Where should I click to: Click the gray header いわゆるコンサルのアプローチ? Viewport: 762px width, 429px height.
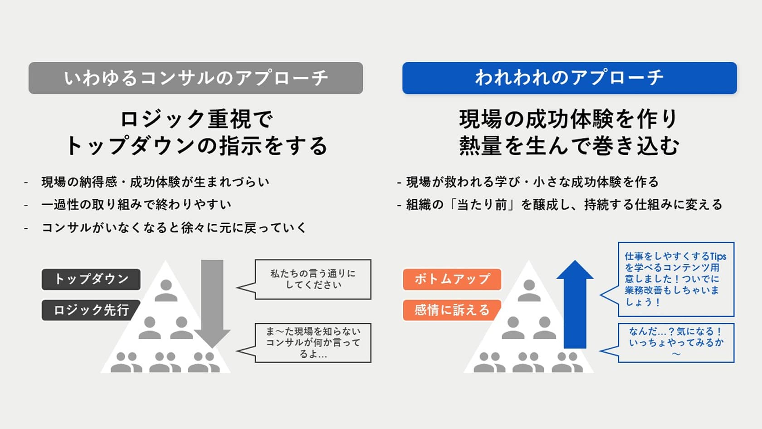tap(195, 78)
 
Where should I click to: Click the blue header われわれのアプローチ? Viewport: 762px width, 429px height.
tap(569, 78)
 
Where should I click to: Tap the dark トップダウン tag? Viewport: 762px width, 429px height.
tap(91, 279)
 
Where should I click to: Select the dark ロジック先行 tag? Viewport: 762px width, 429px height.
tap(91, 310)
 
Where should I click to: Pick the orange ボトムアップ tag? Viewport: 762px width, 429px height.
tap(452, 279)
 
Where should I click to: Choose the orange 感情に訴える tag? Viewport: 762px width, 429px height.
tap(452, 310)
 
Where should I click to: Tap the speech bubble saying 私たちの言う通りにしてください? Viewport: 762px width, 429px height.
tap(313, 279)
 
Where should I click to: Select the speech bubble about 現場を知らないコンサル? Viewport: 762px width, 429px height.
tap(313, 343)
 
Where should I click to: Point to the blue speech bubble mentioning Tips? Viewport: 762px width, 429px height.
tap(675, 279)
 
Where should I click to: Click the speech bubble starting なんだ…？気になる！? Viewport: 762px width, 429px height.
tap(675, 343)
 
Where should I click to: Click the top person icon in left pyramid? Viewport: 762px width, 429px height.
tap(166, 291)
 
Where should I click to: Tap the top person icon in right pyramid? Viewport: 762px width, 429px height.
tap(529, 291)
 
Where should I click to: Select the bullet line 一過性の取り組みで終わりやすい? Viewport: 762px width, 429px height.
tap(136, 205)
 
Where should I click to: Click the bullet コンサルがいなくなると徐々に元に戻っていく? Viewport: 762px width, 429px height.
tap(174, 227)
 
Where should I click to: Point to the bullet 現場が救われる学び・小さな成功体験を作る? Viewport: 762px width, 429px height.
tap(532, 182)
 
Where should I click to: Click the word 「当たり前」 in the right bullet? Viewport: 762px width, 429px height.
tap(481, 205)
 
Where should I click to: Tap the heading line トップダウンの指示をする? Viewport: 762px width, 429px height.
tap(196, 146)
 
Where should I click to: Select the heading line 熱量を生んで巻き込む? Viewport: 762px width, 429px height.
tap(569, 146)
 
